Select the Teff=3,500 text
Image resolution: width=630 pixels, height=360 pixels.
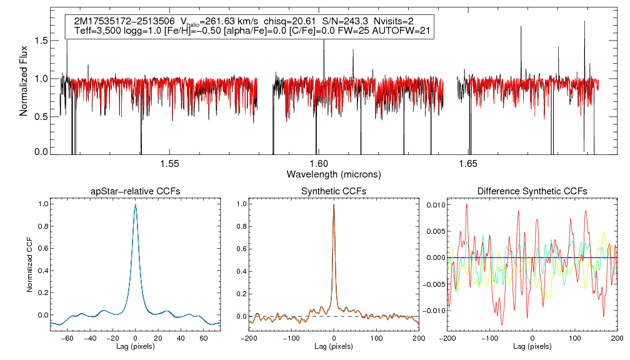point(97,30)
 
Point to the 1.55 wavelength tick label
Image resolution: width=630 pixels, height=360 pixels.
point(169,164)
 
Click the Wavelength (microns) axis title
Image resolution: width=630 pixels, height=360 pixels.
point(333,174)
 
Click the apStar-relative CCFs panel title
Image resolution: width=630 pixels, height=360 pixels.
point(135,191)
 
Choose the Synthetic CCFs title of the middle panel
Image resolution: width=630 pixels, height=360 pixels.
point(334,191)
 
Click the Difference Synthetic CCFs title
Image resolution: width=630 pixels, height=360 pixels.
point(532,191)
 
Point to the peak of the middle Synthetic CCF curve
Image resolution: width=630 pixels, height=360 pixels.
point(334,204)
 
